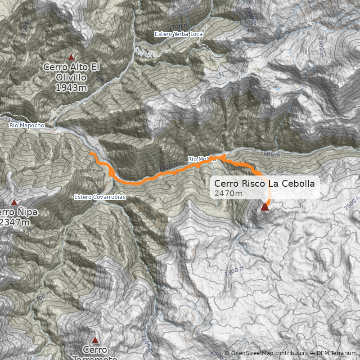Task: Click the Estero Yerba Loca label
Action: (178, 34)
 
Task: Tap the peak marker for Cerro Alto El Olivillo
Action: (71, 57)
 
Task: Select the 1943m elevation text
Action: (71, 87)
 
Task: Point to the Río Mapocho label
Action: (27, 126)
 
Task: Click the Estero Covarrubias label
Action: (100, 197)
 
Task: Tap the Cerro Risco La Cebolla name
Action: (264, 184)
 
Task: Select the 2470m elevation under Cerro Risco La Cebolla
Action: (228, 193)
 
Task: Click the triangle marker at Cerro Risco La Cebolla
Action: (265, 207)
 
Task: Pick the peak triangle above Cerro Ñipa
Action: (14, 202)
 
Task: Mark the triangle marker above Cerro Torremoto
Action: (95, 340)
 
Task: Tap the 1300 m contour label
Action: (99, 80)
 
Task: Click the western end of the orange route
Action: (91, 153)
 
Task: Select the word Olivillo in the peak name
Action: (71, 77)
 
